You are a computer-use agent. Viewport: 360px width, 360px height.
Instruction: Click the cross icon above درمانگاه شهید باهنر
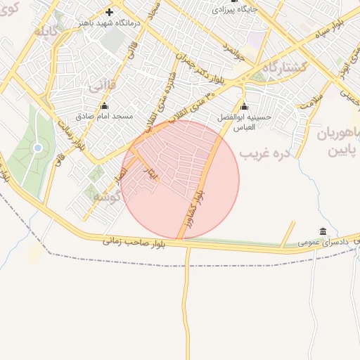coord(109,12)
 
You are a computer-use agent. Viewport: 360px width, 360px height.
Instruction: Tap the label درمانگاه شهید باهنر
coord(108,23)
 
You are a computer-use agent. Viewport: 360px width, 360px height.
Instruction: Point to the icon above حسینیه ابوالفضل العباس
coord(244,108)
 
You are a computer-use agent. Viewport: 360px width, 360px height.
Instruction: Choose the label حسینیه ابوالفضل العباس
coord(245,123)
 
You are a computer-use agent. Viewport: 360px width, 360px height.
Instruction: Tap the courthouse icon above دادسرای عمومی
coord(323,231)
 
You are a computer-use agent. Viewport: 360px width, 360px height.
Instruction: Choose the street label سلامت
coord(309,103)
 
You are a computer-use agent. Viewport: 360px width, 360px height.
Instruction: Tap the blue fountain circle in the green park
coord(37,148)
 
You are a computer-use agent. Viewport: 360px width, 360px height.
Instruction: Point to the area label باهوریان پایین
coord(337,141)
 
